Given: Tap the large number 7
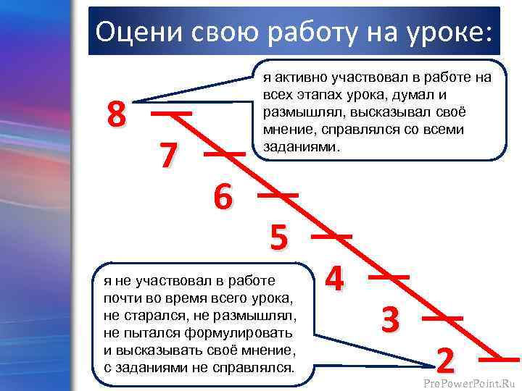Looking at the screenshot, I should [167, 156].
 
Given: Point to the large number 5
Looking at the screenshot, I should [279, 237].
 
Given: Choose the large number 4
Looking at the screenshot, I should [334, 279].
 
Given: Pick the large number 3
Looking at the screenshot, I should [390, 319].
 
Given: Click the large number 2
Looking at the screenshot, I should [447, 360].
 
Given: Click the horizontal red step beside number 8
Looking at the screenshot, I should [171, 114].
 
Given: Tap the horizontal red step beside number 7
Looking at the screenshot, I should [224, 154].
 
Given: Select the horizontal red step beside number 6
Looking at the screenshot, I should [278, 195].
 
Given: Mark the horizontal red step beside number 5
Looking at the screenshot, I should [332, 235].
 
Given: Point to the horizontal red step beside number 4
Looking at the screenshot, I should [389, 277].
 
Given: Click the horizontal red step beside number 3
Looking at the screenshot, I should [442, 317].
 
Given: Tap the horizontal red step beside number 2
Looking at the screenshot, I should [500, 358].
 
